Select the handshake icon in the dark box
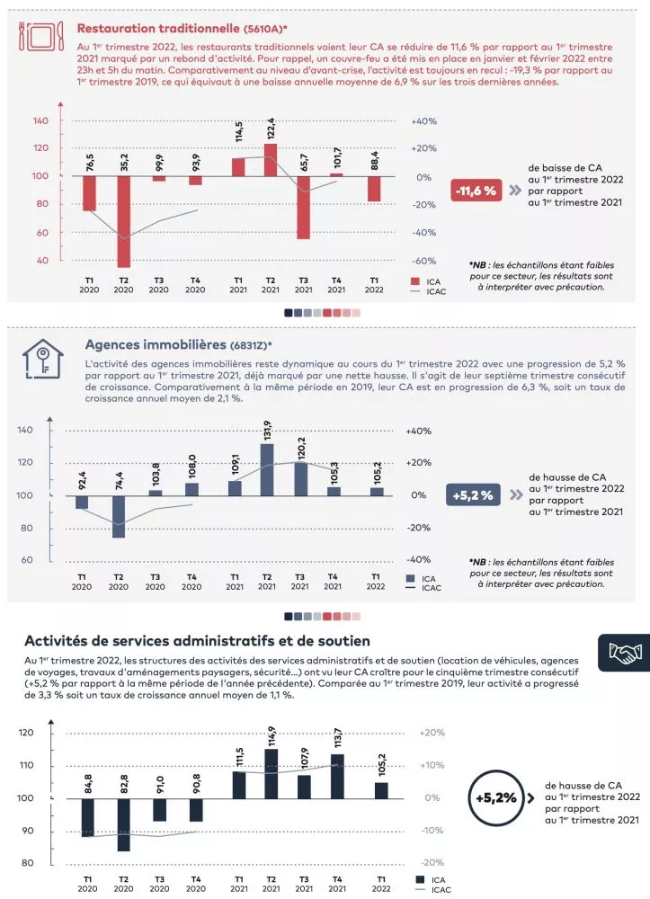point(623,652)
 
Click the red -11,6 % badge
point(476,191)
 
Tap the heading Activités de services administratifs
point(197,641)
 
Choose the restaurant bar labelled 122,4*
point(271,160)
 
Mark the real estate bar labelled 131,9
point(267,469)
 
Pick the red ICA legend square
point(414,281)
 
